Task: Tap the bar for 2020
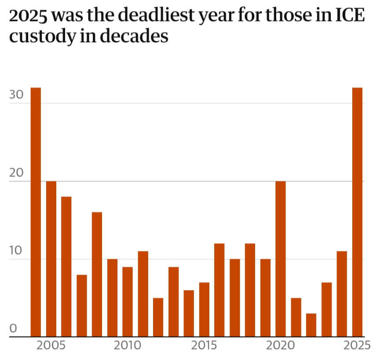281,259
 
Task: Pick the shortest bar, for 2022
311,325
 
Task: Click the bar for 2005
51,259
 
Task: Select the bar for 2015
204,309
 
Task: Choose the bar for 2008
97,274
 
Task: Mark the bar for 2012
158,317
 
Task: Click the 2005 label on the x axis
51,345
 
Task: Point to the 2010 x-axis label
128,345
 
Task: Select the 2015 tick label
204,345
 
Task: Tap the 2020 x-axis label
281,345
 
